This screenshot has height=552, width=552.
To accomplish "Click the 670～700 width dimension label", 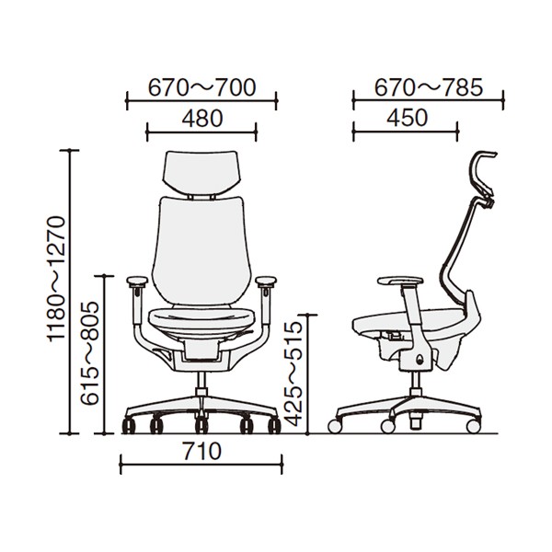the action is [x=201, y=88].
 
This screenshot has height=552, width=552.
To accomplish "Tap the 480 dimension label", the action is [x=202, y=119].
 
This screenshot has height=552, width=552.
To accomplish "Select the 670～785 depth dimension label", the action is [x=428, y=87].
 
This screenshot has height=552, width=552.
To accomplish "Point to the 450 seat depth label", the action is [x=407, y=118].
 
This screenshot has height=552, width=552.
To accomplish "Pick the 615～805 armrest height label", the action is [x=89, y=353].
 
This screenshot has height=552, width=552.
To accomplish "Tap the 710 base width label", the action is [x=201, y=452].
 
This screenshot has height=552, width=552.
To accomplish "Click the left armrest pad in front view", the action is [x=137, y=282].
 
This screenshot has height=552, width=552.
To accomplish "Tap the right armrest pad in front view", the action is [x=266, y=282].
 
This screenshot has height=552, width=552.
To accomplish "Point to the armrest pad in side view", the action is [x=400, y=282].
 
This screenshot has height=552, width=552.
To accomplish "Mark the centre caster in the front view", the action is [x=201, y=425].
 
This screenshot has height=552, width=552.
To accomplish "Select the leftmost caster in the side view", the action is [x=335, y=426].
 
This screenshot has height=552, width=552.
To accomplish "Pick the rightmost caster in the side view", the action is [x=473, y=426].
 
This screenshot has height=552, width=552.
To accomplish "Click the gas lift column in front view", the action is [x=201, y=384].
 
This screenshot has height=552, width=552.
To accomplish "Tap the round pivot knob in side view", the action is [x=420, y=360].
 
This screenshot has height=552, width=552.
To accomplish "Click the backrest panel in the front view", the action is [x=201, y=250].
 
